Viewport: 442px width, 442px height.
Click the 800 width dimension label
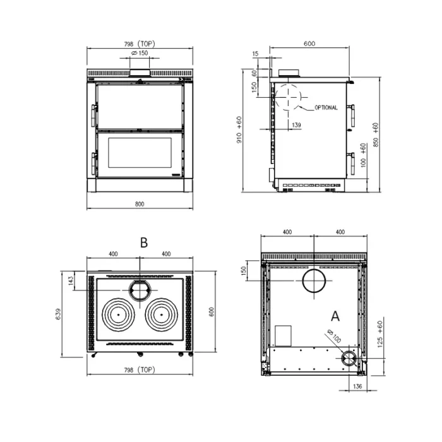(x=140, y=204)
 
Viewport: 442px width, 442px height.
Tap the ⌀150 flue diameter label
(x=140, y=52)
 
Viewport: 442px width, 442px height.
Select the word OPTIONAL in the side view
(x=326, y=107)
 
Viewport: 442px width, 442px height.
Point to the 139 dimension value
(x=296, y=124)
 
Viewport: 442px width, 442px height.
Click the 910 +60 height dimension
(x=239, y=129)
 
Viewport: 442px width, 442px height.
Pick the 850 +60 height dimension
(x=376, y=134)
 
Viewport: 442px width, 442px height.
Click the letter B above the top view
(x=144, y=242)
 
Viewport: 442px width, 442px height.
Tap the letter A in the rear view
(x=335, y=316)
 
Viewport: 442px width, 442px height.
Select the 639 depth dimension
(x=58, y=314)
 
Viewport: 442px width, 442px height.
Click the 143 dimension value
(x=71, y=281)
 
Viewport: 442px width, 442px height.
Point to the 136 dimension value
(x=357, y=386)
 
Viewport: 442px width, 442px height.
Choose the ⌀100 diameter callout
(x=334, y=336)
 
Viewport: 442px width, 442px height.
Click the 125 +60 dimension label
(x=379, y=334)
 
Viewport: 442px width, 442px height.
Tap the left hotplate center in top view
(x=119, y=314)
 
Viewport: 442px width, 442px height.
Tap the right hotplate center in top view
(x=162, y=314)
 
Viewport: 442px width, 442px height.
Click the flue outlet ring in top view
(x=140, y=281)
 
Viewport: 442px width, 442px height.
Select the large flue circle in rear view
(x=314, y=270)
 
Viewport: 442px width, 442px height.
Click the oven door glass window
(x=140, y=153)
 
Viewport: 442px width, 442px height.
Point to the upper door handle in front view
(x=94, y=116)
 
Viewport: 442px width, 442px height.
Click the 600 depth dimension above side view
(x=309, y=44)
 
